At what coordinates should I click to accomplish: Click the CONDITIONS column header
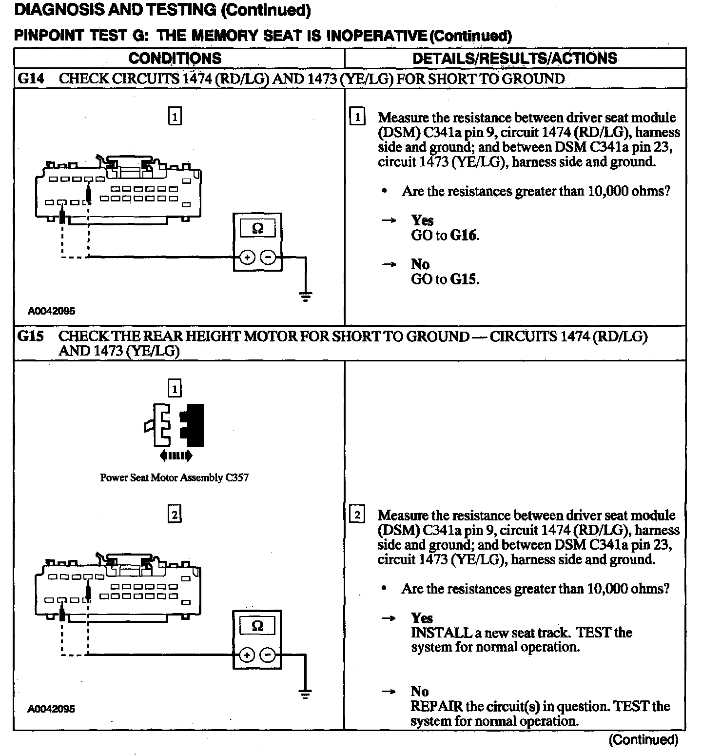pyautogui.click(x=175, y=59)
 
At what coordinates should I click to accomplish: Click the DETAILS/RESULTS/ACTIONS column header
pyautogui.click(x=515, y=59)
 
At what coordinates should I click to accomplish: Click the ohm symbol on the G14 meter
pyautogui.click(x=257, y=228)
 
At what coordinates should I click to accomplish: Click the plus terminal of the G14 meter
pyautogui.click(x=247, y=258)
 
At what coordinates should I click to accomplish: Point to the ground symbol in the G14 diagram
pyautogui.click(x=306, y=296)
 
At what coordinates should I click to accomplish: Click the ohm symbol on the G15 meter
pyautogui.click(x=257, y=626)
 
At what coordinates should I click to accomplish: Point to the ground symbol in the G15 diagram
pyautogui.click(x=306, y=694)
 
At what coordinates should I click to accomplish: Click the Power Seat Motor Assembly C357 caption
pyautogui.click(x=175, y=478)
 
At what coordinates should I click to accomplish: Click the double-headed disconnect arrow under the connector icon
pyautogui.click(x=175, y=456)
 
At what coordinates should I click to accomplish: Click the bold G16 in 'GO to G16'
pyautogui.click(x=464, y=236)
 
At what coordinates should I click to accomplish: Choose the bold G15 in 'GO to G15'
pyautogui.click(x=464, y=279)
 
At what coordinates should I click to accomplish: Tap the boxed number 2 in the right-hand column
pyautogui.click(x=357, y=515)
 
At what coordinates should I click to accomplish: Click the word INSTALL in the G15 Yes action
pyautogui.click(x=435, y=633)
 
